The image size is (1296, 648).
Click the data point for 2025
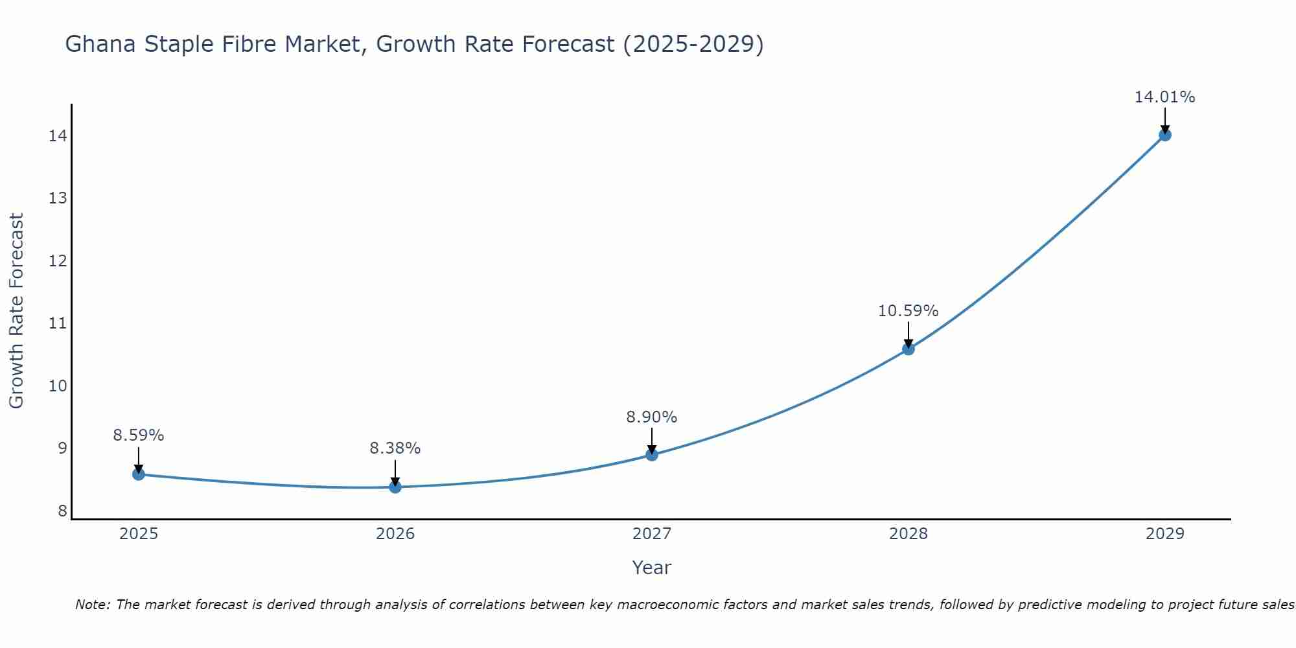139,474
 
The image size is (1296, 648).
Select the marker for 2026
395,487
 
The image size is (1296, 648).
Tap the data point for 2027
652,455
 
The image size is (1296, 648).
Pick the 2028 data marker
908,349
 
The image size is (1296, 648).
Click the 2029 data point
1165,135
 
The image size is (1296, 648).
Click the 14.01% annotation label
1164,97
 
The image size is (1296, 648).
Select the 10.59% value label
908,311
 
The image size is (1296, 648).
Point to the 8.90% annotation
651,417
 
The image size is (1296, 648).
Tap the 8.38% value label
395,448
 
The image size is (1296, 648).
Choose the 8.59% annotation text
139,435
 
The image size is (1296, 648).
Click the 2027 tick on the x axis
652,534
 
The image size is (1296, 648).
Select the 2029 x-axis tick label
1164,534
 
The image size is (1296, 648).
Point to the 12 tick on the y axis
58,261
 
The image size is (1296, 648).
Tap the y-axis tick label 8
62,511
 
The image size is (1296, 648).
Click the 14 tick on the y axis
58,135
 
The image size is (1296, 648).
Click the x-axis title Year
651,568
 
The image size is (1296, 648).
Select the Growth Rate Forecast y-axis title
17,311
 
